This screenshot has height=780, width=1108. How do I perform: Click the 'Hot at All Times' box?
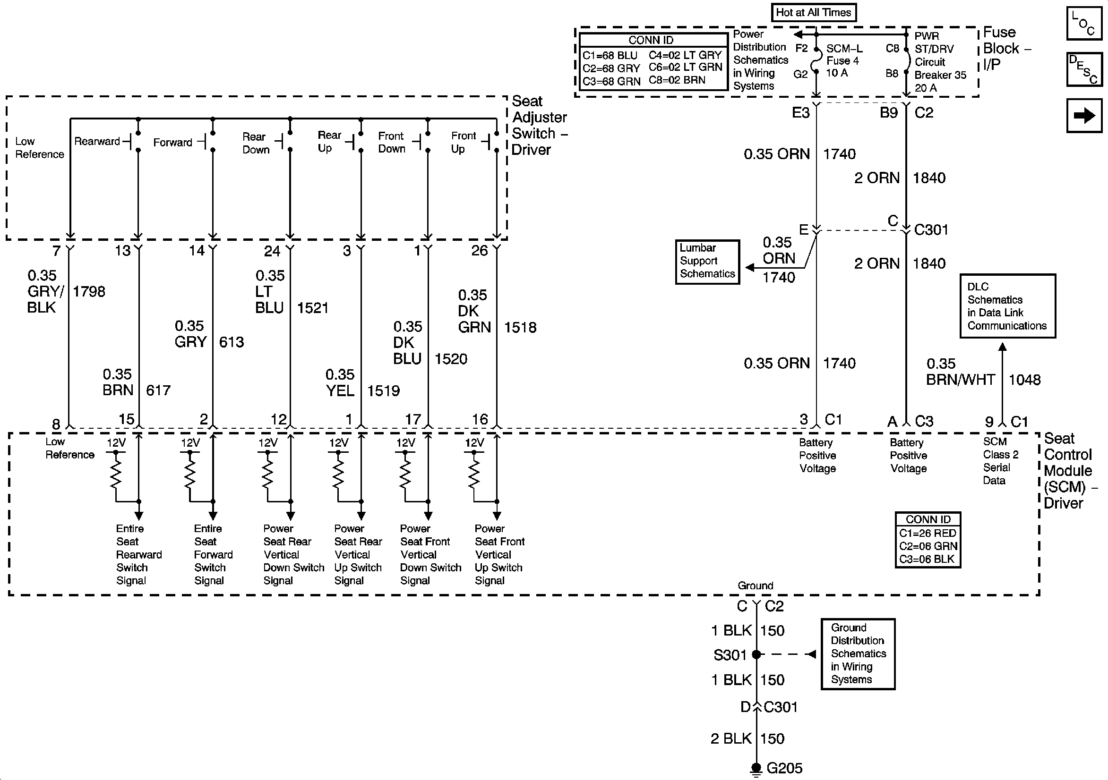(813, 13)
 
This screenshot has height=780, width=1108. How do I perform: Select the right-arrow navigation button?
(1084, 116)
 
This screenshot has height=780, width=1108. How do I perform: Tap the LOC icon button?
(1084, 24)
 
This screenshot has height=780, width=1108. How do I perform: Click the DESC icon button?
(1084, 69)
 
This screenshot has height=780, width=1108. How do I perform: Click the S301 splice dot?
(756, 654)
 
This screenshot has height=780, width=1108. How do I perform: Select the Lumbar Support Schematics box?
(707, 262)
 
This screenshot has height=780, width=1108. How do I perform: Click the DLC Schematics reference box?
(1007, 306)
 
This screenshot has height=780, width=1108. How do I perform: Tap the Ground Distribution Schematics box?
(858, 653)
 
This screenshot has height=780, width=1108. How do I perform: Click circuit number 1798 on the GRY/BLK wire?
(89, 291)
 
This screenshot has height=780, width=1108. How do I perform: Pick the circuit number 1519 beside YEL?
(383, 390)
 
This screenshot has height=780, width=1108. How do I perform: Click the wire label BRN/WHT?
(960, 380)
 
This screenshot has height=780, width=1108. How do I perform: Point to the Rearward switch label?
(97, 141)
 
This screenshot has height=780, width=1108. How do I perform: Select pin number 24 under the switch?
(272, 251)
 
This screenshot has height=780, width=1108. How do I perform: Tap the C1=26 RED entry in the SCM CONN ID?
(927, 533)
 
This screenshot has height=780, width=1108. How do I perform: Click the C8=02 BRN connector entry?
(677, 80)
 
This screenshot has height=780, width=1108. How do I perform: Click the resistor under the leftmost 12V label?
(115, 470)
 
